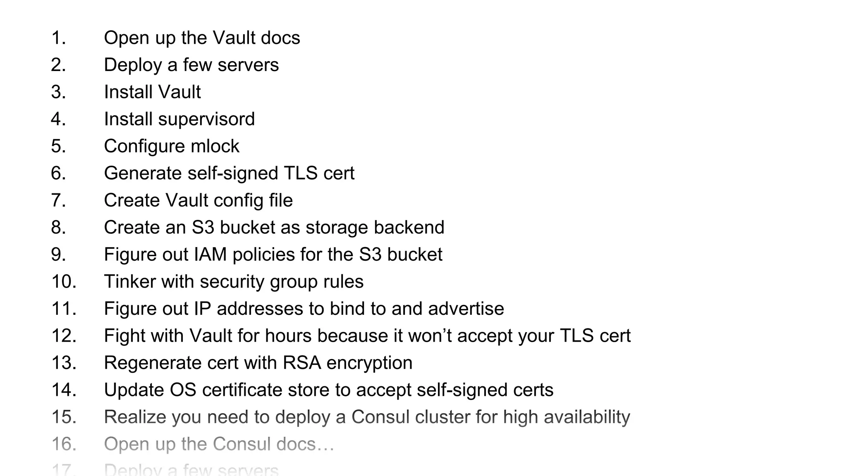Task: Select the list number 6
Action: pos(58,173)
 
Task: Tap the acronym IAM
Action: pos(210,255)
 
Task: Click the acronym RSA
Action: pos(301,363)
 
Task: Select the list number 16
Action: pos(64,444)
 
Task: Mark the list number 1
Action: pos(58,38)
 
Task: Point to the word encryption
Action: pos(369,363)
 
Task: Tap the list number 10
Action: pos(64,282)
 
